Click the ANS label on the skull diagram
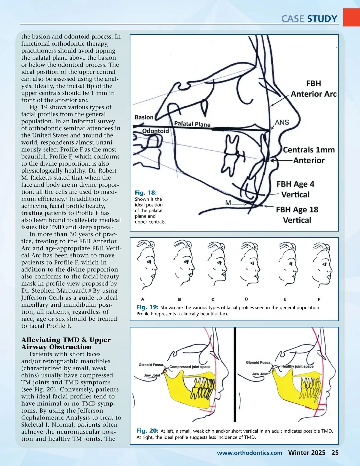pyautogui.click(x=282, y=122)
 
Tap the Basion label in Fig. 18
pyautogui.click(x=144, y=117)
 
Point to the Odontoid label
pyautogui.click(x=155, y=131)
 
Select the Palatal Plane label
pyautogui.click(x=192, y=124)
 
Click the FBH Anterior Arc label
pyautogui.click(x=313, y=89)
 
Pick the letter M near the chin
pyautogui.click(x=228, y=203)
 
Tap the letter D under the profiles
pyautogui.click(x=246, y=299)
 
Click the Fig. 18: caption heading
pyautogui.click(x=146, y=193)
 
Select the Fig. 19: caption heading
pyautogui.click(x=147, y=307)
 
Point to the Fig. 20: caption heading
pyautogui.click(x=147, y=431)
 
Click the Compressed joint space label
pyautogui.click(x=190, y=367)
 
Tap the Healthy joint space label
pyautogui.click(x=297, y=366)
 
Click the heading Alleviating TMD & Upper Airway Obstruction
pyautogui.click(x=66, y=343)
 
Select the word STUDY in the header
pyautogui.click(x=322, y=19)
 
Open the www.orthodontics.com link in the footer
pyautogui.click(x=250, y=453)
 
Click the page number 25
pyautogui.click(x=335, y=453)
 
